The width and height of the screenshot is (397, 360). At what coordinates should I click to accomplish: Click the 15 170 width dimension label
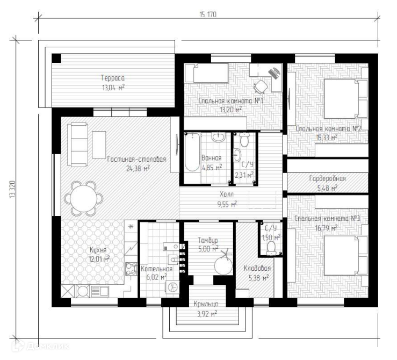point(208,15)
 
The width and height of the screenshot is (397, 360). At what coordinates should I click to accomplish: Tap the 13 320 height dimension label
point(12,189)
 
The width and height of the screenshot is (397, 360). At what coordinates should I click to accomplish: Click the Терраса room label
point(113,78)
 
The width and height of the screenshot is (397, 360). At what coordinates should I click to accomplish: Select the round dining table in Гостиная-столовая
point(84,198)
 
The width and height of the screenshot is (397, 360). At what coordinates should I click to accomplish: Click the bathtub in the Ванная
point(192,152)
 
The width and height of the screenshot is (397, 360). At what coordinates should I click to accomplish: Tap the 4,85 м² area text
point(212,168)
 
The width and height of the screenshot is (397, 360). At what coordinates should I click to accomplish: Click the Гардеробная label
point(327,179)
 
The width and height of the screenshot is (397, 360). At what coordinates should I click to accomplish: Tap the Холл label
point(227,195)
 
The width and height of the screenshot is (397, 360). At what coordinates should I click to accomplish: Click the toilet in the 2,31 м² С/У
point(244,140)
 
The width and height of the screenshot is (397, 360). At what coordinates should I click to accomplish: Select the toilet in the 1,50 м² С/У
point(271,247)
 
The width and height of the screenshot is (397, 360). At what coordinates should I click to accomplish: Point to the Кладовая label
point(257,268)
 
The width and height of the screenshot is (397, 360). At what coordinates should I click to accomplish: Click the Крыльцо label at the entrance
point(206,304)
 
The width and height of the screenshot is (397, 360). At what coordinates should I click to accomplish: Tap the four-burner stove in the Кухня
point(131,269)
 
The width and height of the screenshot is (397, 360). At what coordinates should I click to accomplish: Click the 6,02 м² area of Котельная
point(156,277)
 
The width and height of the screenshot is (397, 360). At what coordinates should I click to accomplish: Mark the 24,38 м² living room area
point(138,168)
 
